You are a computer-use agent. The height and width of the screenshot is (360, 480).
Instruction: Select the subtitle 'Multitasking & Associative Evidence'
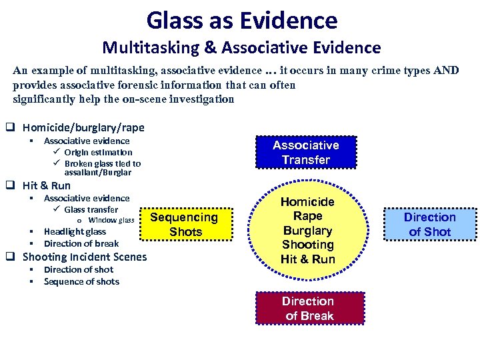241,48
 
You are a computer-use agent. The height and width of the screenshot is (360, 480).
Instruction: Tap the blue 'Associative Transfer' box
306,153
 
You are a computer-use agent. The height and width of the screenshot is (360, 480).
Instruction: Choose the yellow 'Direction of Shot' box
429,225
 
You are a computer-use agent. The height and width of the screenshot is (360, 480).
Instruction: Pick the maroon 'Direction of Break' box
308,309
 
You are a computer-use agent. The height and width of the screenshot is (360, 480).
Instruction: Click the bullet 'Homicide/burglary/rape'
83,127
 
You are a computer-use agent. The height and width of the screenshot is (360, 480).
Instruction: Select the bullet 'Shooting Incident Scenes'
85,257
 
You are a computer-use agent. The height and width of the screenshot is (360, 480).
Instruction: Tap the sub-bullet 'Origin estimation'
98,152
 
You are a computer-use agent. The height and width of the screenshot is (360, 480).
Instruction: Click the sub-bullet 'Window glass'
111,220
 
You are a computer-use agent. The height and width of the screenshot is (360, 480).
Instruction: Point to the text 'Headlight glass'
75,231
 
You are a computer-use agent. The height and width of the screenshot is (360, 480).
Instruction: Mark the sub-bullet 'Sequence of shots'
81,281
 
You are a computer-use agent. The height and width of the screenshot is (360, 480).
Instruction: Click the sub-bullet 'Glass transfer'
91,209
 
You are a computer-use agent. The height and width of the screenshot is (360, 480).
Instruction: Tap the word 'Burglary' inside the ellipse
307,231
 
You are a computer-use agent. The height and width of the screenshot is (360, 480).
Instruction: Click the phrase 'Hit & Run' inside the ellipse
307,259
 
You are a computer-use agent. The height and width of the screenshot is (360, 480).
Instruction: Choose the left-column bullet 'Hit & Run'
46,185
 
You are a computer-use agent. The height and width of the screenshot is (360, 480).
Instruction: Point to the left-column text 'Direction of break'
81,243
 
